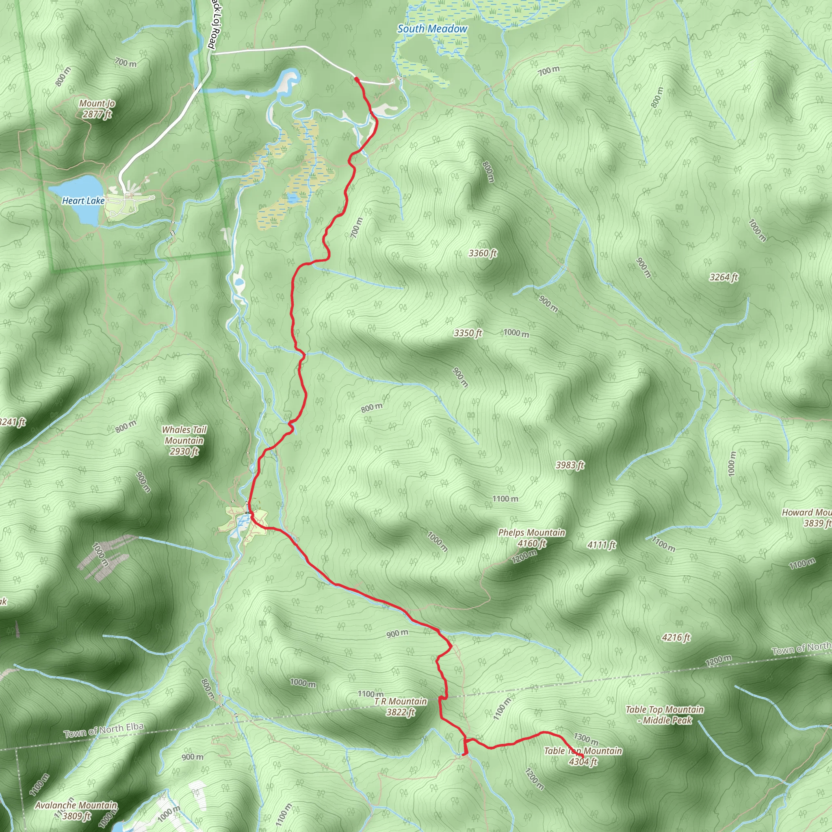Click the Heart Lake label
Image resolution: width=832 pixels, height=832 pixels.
(x=83, y=201)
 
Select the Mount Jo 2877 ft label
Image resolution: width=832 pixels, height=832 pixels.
(x=97, y=108)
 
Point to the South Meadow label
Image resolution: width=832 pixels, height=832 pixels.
(x=432, y=29)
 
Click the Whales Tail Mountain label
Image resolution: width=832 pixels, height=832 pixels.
(x=184, y=440)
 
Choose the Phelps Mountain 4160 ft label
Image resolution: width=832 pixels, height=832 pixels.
(x=531, y=538)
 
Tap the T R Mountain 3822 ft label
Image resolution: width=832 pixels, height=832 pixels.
(x=401, y=707)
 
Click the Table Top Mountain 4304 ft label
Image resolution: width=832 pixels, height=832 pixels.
(x=583, y=756)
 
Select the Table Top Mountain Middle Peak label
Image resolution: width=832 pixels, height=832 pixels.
(x=665, y=715)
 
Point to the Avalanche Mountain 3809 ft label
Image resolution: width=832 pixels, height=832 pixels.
(x=76, y=810)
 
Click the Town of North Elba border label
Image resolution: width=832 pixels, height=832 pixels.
(x=103, y=730)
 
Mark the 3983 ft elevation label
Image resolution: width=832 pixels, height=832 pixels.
(x=570, y=465)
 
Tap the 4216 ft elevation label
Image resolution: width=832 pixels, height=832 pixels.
(x=676, y=637)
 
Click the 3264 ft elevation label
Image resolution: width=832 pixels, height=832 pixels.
(x=724, y=277)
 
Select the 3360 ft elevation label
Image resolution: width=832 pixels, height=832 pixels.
(x=483, y=253)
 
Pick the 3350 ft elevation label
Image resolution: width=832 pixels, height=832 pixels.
(x=468, y=333)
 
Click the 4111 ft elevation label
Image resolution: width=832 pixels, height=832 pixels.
(x=602, y=545)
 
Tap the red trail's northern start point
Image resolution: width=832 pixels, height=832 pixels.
(x=357, y=79)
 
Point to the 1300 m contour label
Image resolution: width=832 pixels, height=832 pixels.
(x=586, y=739)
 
